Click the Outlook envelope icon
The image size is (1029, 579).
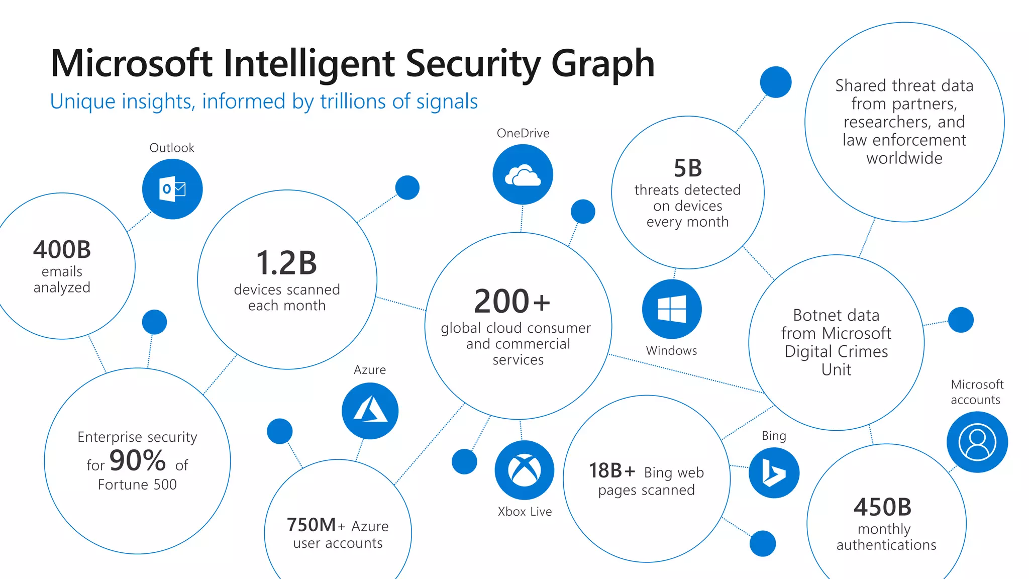point(172,189)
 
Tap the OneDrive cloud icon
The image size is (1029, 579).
point(523,175)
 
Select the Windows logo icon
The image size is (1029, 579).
point(672,309)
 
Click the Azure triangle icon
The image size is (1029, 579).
point(370,411)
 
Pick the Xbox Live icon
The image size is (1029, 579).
point(525,470)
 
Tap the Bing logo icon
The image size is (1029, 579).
point(774,473)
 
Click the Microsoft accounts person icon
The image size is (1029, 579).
point(977,442)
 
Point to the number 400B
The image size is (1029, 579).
point(62,250)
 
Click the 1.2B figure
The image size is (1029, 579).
point(286,263)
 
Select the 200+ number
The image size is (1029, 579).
point(511,301)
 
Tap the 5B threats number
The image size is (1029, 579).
point(687,168)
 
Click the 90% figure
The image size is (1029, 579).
point(138,460)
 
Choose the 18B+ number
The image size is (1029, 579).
point(612,471)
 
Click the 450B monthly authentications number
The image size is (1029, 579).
point(882,507)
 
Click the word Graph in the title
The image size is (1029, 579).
point(603,64)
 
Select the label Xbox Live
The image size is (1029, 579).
point(525,512)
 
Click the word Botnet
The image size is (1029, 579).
point(810,316)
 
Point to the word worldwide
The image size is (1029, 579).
point(904,158)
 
